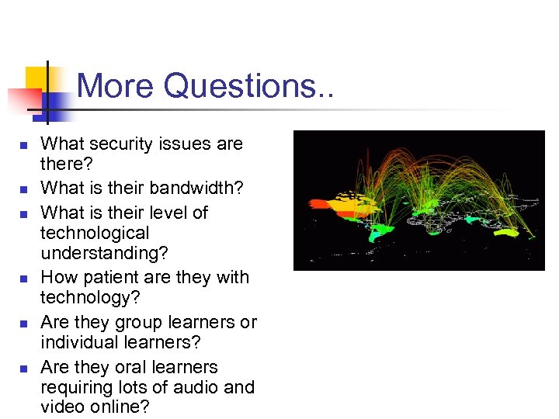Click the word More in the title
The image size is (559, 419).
pos(116,85)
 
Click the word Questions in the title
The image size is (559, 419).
pos(241,85)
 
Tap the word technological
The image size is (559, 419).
pos(95,233)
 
